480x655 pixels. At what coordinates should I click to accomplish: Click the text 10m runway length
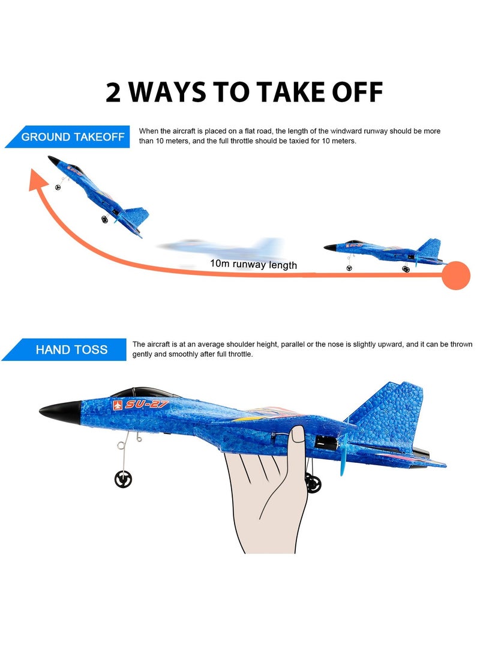coord(253,264)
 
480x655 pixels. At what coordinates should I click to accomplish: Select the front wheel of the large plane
coord(123,478)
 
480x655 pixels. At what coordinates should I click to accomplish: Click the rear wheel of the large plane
coord(313,483)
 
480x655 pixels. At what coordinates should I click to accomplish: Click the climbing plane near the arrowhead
coord(99,192)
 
